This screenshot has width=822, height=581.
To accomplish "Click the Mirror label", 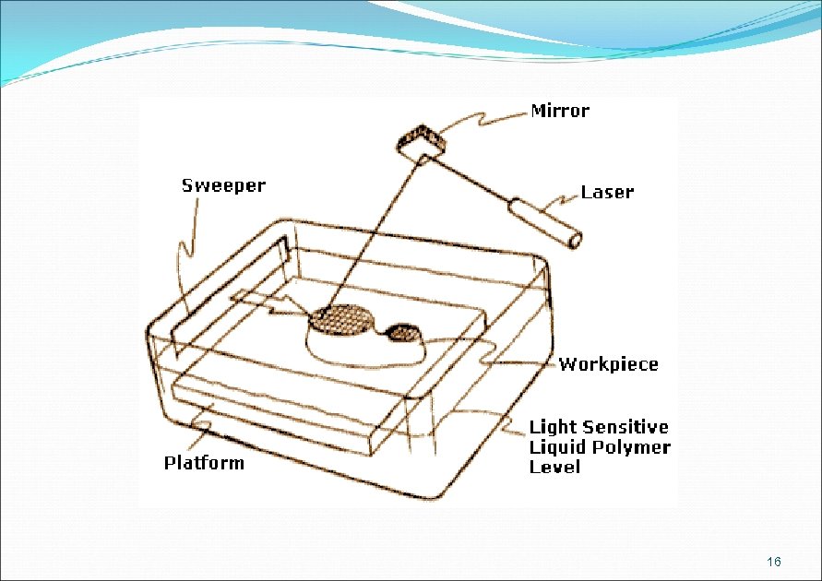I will [560, 111].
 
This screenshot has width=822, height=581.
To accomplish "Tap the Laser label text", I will [607, 192].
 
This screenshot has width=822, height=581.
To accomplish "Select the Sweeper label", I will [223, 185].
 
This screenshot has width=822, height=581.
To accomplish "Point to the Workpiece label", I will [609, 364].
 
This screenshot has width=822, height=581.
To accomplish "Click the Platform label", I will [204, 463].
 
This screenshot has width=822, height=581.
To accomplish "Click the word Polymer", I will [637, 447].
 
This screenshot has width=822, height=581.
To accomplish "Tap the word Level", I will [554, 468].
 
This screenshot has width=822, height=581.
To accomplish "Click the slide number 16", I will [774, 563].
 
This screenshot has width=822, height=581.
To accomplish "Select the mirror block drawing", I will [421, 141].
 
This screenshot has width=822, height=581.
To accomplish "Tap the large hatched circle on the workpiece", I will [343, 319].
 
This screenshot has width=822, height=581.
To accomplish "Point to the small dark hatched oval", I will [402, 331].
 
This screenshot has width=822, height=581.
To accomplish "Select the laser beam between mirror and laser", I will [471, 179].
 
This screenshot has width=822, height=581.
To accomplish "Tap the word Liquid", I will [558, 447].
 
